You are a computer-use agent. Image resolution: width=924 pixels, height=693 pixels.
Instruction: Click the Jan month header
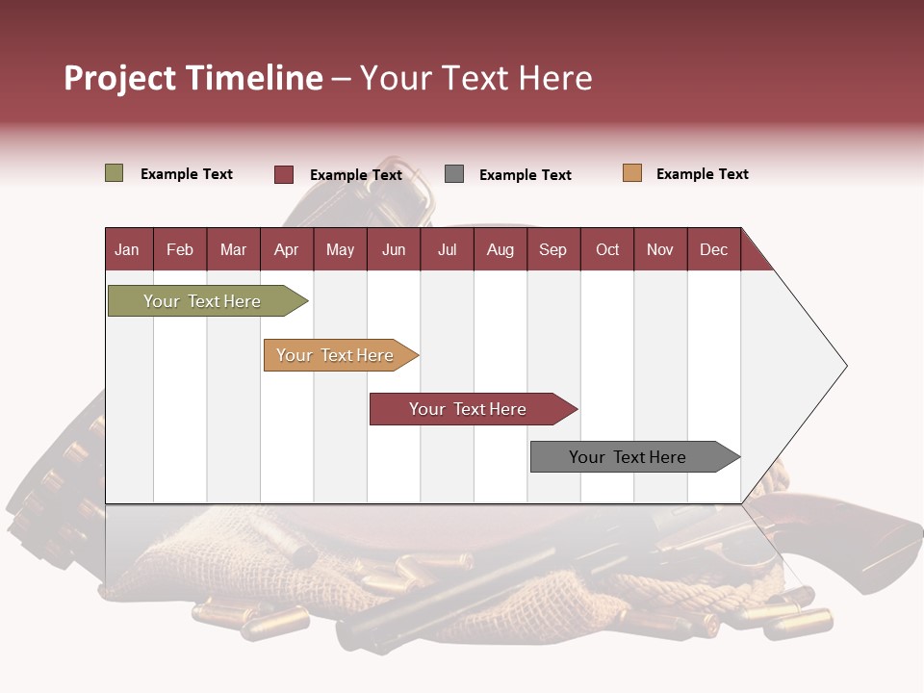coord(127,249)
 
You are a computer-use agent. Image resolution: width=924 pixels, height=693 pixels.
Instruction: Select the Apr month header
coord(286,249)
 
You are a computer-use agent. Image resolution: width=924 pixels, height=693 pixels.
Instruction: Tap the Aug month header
coord(500,249)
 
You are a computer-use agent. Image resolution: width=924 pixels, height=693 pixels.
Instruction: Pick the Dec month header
coord(713,249)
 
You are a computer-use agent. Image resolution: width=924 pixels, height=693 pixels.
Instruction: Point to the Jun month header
coord(393,249)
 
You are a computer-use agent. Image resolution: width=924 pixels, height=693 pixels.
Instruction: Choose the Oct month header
coord(606,249)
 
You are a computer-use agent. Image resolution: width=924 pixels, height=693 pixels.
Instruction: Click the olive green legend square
coord(114,173)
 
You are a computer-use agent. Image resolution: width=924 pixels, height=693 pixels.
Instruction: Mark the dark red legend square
coord(283,174)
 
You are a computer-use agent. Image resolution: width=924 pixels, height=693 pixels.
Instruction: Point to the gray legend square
coord(453,174)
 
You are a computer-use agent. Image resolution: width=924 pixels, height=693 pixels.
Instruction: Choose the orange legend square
coord(631,173)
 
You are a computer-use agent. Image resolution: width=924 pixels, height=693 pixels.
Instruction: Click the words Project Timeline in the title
coord(193,78)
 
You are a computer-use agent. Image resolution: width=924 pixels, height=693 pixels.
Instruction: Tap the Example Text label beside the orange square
coord(702,174)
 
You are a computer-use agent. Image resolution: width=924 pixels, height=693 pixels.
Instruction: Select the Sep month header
coord(552,249)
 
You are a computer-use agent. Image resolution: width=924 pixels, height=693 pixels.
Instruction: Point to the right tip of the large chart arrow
coord(845,366)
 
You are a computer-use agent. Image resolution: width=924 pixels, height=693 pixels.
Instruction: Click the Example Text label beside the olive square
coord(187,174)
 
